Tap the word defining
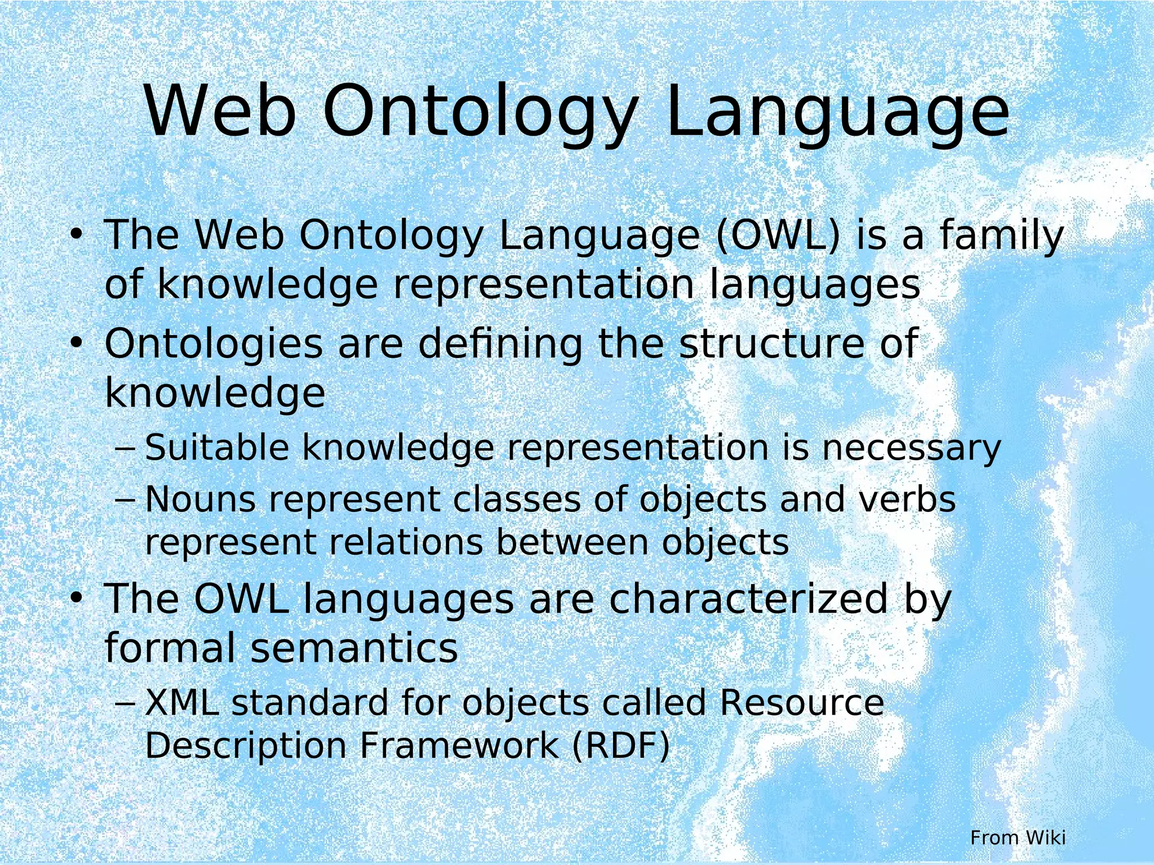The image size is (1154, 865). pos(500,344)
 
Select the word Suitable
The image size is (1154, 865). pos(217,448)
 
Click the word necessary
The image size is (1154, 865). pos(911,448)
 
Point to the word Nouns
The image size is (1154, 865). pos(200,500)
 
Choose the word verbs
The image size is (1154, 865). pos(907,500)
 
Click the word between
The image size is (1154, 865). pos(571,543)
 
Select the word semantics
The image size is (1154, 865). pos(354,648)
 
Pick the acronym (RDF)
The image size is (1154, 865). pos(621,746)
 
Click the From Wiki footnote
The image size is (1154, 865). pos(1018,837)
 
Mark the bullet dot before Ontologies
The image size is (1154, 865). pos(77,343)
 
